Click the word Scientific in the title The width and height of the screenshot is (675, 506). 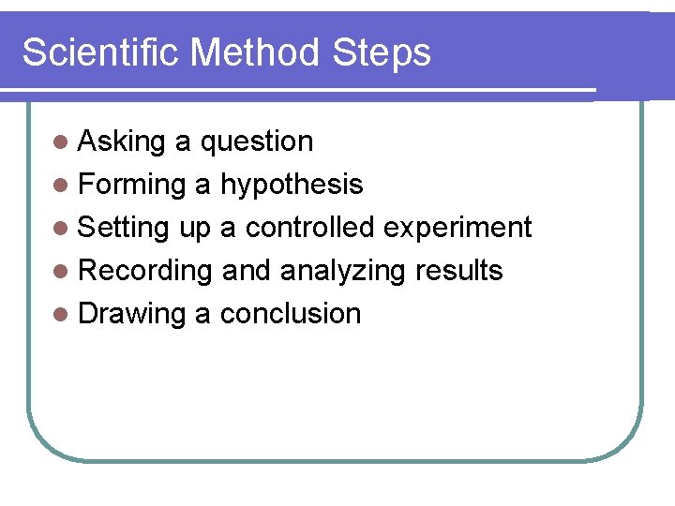[101, 52]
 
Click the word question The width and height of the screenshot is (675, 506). [257, 142]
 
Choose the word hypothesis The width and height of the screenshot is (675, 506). [291, 186]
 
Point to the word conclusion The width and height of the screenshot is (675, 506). [290, 314]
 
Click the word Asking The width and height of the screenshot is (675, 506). [122, 142]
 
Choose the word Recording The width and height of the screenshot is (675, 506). [145, 272]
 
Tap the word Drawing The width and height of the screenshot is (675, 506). [132, 315]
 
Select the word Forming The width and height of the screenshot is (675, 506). [132, 186]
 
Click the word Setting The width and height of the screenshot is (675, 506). [124, 229]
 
